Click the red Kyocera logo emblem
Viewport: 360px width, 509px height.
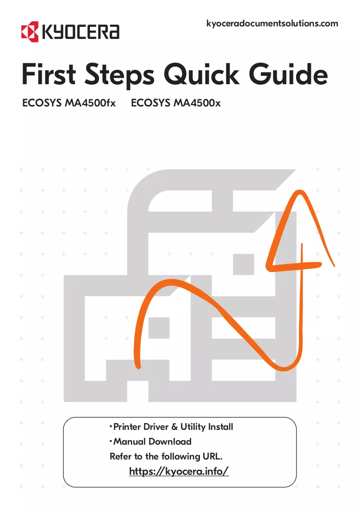point(30,32)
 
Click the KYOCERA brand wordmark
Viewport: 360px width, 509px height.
point(81,32)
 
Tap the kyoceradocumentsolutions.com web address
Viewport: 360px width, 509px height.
point(272,24)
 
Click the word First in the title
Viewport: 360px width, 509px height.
point(49,74)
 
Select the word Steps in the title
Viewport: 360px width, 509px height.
point(119,76)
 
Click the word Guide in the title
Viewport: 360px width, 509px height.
point(288,74)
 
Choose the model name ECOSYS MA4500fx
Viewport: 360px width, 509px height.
point(69,103)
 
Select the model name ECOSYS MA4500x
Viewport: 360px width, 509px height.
point(176,103)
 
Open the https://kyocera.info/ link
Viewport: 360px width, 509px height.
point(179,471)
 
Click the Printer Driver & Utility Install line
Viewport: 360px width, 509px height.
point(171,427)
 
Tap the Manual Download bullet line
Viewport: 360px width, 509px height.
point(151,441)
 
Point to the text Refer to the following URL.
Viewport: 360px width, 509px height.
point(166,456)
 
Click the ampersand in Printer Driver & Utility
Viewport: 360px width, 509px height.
point(174,427)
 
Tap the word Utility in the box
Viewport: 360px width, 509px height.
point(192,427)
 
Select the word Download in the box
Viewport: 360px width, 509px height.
point(170,441)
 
